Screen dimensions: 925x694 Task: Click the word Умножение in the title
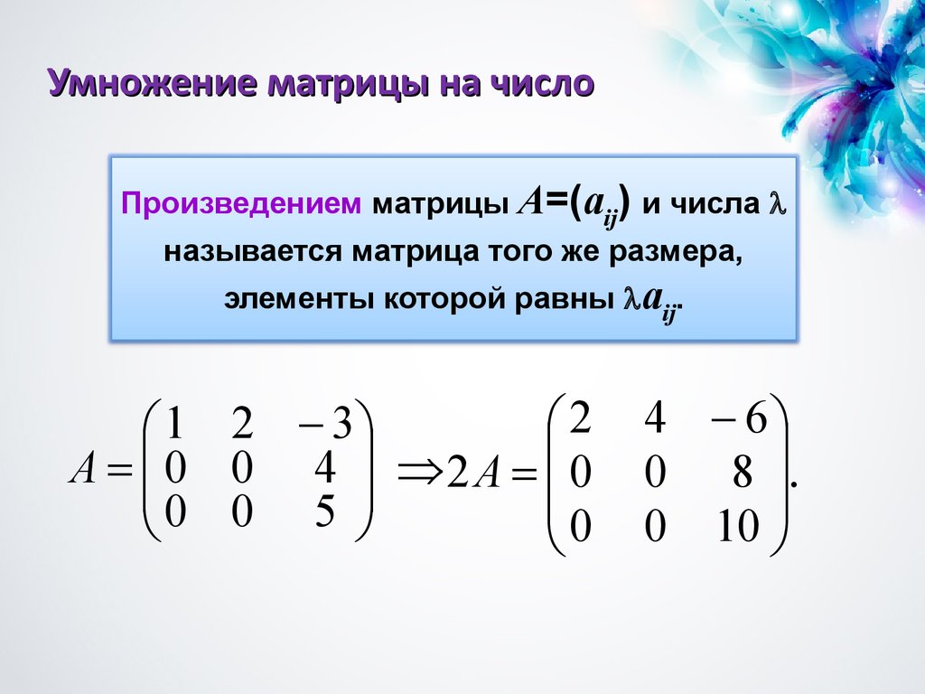click(x=153, y=82)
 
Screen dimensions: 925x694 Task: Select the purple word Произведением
click(x=241, y=204)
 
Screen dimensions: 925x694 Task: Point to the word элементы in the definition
click(x=300, y=298)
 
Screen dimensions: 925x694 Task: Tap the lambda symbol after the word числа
click(x=777, y=204)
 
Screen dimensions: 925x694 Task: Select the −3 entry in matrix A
click(x=325, y=424)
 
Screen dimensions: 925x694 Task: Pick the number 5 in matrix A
click(x=325, y=511)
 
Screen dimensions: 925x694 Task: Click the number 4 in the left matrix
click(x=324, y=467)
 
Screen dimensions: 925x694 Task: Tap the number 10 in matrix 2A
click(x=738, y=526)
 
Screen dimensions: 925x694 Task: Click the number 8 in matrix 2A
click(x=743, y=472)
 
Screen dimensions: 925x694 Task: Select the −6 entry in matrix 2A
click(x=739, y=418)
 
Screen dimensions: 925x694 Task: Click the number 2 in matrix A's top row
click(x=242, y=423)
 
